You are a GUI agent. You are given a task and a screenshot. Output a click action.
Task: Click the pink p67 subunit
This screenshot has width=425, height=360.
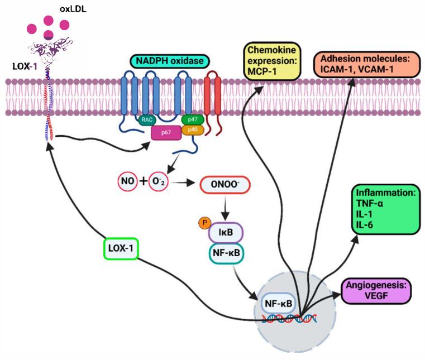click(x=166, y=132)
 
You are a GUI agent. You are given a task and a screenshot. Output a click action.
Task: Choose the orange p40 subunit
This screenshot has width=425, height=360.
click(x=193, y=130)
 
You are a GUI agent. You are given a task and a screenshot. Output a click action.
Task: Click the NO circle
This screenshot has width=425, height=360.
click(x=127, y=181)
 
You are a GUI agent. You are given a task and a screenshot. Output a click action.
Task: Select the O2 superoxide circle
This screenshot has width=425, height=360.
click(x=157, y=181)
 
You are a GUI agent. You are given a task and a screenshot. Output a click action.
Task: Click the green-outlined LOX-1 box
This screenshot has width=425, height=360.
click(x=121, y=251)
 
